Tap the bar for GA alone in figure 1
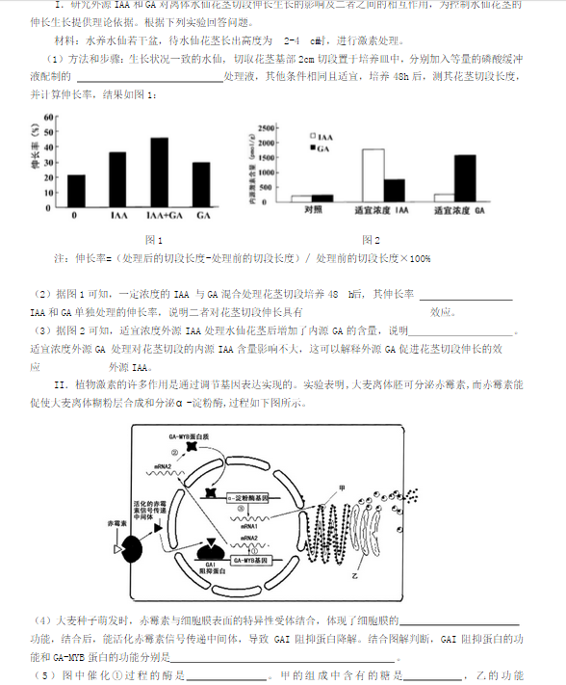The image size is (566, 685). pyautogui.click(x=200, y=183)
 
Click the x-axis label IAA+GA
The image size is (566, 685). pyautogui.click(x=159, y=215)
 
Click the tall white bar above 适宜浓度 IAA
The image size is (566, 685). pyautogui.click(x=373, y=175)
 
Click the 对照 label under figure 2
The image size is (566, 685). pyautogui.click(x=311, y=209)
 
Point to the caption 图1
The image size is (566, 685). pyautogui.click(x=152, y=239)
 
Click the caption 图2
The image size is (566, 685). pyautogui.click(x=371, y=239)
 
